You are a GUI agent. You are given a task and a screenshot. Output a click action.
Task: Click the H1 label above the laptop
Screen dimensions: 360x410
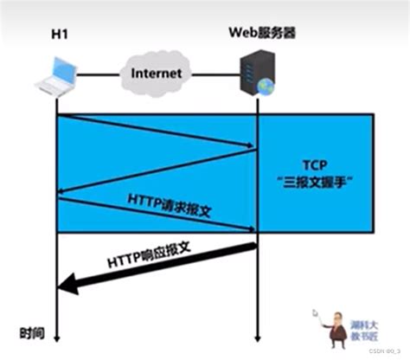(57, 33)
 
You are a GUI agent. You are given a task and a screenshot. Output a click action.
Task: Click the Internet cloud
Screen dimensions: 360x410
(157, 74)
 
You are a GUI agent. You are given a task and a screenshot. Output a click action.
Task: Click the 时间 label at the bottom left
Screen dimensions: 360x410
(31, 331)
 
